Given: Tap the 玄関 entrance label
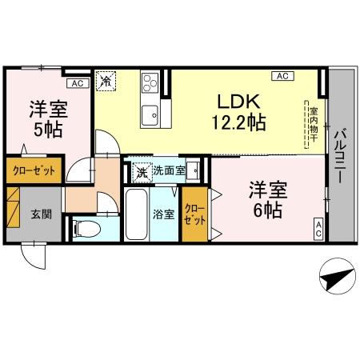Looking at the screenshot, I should click(40, 214).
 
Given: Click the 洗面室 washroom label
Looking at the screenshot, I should click(169, 170).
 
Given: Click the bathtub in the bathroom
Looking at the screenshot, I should click(137, 214).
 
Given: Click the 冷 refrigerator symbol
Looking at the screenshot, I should click(106, 80).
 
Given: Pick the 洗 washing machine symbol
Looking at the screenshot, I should click(141, 170).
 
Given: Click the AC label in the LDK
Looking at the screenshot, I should click(281, 76).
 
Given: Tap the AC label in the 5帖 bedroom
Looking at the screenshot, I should click(77, 82).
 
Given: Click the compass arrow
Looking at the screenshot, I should click(337, 279).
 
